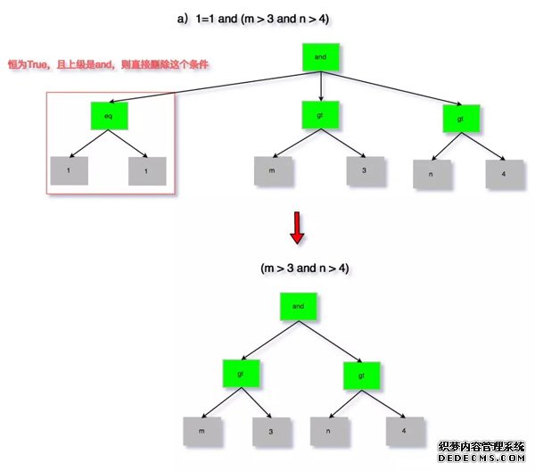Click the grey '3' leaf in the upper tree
point(364,171)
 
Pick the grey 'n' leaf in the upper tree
point(432,173)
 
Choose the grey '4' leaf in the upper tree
point(504,173)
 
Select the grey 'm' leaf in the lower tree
point(201,431)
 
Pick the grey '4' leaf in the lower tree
point(405,431)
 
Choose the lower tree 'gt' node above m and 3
point(240,375)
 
